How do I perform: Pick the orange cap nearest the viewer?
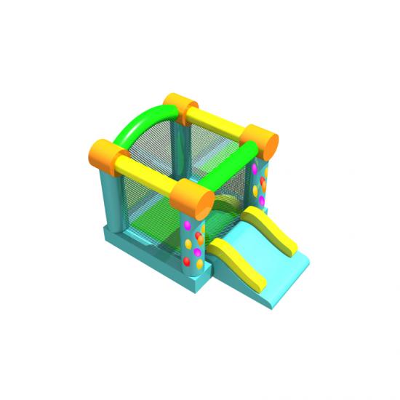point(191,196)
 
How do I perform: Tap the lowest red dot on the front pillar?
point(187,260)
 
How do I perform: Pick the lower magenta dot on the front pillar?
point(196,252)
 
